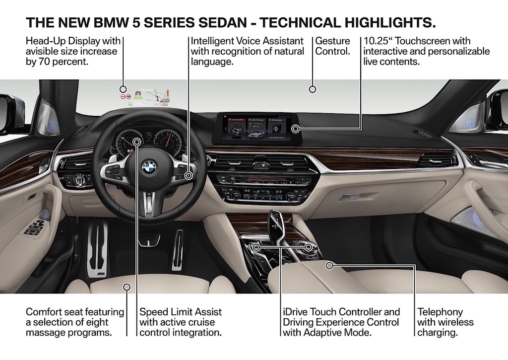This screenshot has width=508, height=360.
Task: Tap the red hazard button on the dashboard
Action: (258, 163)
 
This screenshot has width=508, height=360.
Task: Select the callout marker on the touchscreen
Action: (295, 129)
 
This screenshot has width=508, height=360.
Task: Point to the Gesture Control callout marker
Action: (313, 89)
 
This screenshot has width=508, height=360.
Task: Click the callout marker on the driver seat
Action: (127, 287)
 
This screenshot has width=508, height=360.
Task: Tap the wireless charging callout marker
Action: (329, 266)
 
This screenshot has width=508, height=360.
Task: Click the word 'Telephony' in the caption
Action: (440, 312)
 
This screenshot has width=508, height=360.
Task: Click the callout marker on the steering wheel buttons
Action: (189, 175)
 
